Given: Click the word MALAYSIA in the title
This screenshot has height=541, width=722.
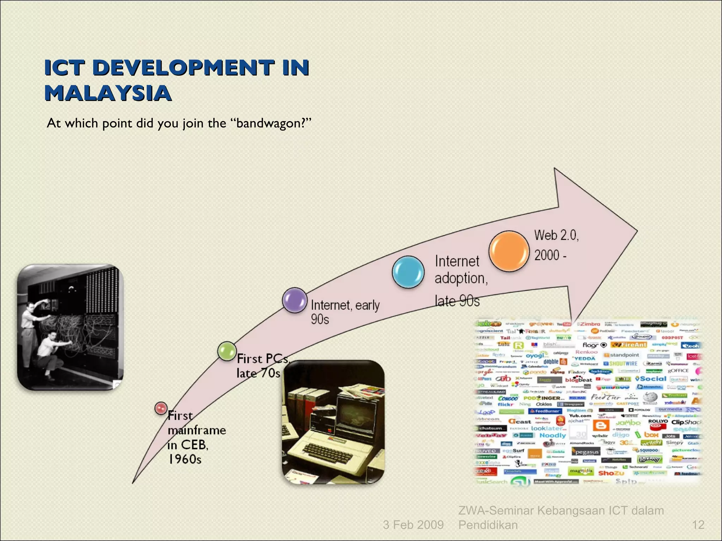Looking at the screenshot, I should [108, 94].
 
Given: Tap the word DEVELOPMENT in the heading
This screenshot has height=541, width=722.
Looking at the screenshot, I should [183, 68].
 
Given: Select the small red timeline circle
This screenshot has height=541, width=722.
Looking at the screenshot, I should [161, 408].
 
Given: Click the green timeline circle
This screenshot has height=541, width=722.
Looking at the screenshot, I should [227, 351].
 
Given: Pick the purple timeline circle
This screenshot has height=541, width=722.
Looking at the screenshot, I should [294, 300].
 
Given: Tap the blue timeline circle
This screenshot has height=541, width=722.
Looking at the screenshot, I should [408, 272].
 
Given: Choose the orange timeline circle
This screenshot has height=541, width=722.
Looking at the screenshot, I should [509, 251].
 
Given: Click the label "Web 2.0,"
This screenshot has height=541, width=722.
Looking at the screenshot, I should [556, 235].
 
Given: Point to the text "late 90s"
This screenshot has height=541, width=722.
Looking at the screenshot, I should [457, 301].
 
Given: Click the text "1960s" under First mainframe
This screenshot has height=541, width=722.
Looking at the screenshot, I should [185, 459].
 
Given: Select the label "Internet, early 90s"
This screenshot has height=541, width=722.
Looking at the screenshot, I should [344, 311].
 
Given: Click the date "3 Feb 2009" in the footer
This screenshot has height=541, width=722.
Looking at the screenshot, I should [413, 525].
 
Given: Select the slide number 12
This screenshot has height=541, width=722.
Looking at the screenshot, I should [698, 525].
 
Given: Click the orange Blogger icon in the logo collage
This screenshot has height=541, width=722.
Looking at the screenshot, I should [601, 425].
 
